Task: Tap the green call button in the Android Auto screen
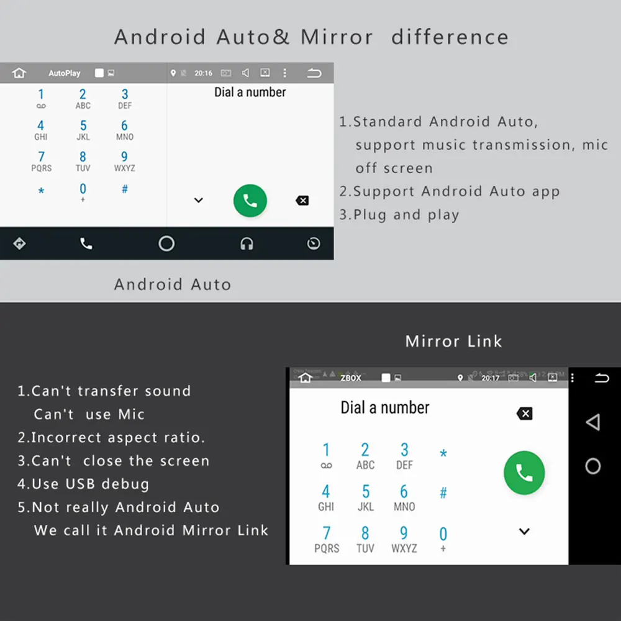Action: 250,200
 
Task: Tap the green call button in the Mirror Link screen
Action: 524,473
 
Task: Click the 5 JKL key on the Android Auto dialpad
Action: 83,130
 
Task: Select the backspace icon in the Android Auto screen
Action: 302,201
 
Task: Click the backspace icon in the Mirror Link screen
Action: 525,414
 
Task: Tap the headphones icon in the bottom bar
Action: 247,244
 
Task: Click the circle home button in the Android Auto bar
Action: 166,243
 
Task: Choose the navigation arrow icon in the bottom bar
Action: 19,243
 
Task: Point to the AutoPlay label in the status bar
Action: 65,73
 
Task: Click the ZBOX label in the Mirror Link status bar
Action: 351,378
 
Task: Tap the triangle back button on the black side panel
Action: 593,423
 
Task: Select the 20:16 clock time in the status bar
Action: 203,73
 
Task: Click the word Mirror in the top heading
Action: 337,37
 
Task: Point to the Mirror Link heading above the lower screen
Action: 453,341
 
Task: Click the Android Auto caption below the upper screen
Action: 173,284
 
